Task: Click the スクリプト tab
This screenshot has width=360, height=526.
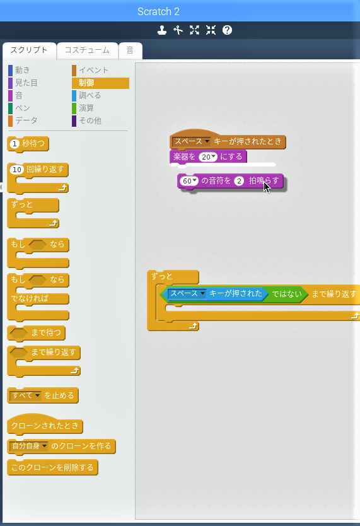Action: click(29, 50)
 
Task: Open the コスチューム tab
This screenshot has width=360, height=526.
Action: click(87, 50)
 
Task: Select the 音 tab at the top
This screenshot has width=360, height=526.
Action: click(130, 50)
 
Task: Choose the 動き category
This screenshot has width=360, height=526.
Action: click(23, 70)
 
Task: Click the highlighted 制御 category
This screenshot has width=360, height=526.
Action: click(100, 83)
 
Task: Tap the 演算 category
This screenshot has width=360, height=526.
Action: click(86, 108)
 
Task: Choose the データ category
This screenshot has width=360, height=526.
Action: click(26, 120)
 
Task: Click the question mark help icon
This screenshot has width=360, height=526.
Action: click(227, 30)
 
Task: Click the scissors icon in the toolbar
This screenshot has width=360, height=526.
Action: click(178, 30)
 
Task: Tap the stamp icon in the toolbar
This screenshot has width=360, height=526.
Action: click(162, 30)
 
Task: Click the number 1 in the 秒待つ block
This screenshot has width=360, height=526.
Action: click(15, 144)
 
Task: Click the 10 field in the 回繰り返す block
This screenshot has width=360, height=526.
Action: click(17, 170)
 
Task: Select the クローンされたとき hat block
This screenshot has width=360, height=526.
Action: click(45, 424)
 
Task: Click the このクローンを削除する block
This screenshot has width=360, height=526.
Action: click(52, 467)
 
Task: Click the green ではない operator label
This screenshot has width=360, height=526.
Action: click(287, 294)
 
